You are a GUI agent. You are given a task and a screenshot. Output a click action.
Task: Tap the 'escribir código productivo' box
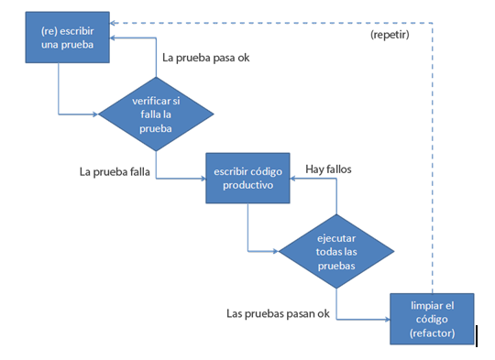point(247,179)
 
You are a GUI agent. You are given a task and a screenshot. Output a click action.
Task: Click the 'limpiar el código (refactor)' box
point(432,317)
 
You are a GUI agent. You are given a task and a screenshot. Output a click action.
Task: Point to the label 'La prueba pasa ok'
point(205,58)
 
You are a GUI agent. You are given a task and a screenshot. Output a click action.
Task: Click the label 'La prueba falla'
point(115,170)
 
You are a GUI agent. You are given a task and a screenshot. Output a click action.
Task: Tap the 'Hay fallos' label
point(328,169)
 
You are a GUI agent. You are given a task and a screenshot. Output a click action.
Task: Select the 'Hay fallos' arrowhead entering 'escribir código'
point(293,180)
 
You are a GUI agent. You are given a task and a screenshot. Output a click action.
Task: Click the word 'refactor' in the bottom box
point(433,333)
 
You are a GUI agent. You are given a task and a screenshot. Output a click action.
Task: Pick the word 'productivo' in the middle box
point(247,186)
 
